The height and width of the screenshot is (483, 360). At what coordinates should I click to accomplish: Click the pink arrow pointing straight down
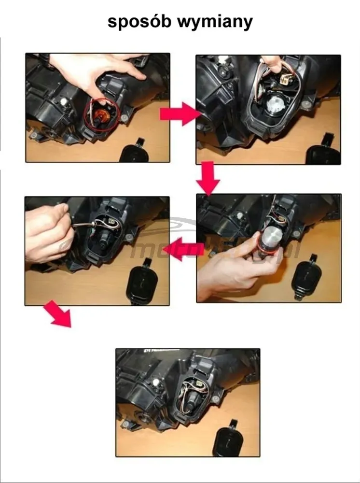[208, 179]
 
